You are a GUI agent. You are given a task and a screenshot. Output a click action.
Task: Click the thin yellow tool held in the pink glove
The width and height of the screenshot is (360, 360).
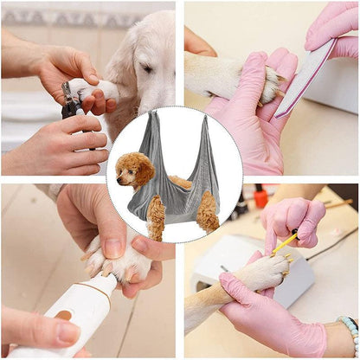285,243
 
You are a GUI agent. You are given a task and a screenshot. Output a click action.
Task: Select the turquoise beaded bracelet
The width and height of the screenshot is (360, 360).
350,332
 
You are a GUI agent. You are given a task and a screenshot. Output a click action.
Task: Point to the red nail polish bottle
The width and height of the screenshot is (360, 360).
260,198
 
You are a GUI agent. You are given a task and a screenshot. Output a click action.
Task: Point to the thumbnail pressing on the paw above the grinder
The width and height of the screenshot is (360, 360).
112,249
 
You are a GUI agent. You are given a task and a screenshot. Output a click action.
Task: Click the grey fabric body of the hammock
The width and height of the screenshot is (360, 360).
177,199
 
